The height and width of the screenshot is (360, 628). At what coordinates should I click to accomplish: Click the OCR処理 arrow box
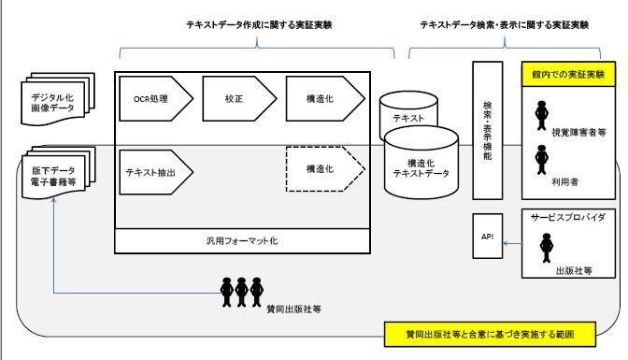(156, 98)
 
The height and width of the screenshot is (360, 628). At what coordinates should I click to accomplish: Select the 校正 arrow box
(239, 98)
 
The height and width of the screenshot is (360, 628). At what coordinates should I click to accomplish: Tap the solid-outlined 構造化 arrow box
(325, 98)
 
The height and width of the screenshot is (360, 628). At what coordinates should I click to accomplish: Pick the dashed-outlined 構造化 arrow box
(325, 169)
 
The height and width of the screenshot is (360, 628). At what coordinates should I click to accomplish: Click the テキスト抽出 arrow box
(156, 172)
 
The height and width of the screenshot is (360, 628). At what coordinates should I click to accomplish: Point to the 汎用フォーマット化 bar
(242, 241)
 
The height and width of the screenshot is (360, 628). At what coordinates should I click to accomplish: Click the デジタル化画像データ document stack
(58, 99)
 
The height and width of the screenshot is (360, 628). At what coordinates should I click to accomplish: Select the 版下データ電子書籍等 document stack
(58, 173)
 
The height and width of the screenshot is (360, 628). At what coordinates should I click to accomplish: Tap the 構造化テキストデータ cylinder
(421, 163)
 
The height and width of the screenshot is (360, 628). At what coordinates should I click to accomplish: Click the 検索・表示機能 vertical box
(488, 130)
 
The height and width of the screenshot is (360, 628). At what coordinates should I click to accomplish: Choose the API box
(488, 237)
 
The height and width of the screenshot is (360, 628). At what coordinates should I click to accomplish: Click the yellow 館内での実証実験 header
(568, 74)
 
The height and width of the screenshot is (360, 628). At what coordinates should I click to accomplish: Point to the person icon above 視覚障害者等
(541, 115)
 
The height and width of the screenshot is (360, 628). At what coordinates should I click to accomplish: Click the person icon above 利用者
(541, 160)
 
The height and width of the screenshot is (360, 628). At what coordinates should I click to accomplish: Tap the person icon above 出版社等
(547, 248)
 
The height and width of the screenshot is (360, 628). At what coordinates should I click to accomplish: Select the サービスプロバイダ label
(568, 217)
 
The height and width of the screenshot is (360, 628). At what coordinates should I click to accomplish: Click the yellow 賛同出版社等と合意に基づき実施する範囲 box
(490, 334)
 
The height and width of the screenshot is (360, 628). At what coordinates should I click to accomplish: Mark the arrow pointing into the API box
(512, 243)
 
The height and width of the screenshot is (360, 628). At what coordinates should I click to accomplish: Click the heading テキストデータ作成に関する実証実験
(259, 25)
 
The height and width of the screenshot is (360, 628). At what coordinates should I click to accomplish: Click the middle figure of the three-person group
(241, 293)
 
